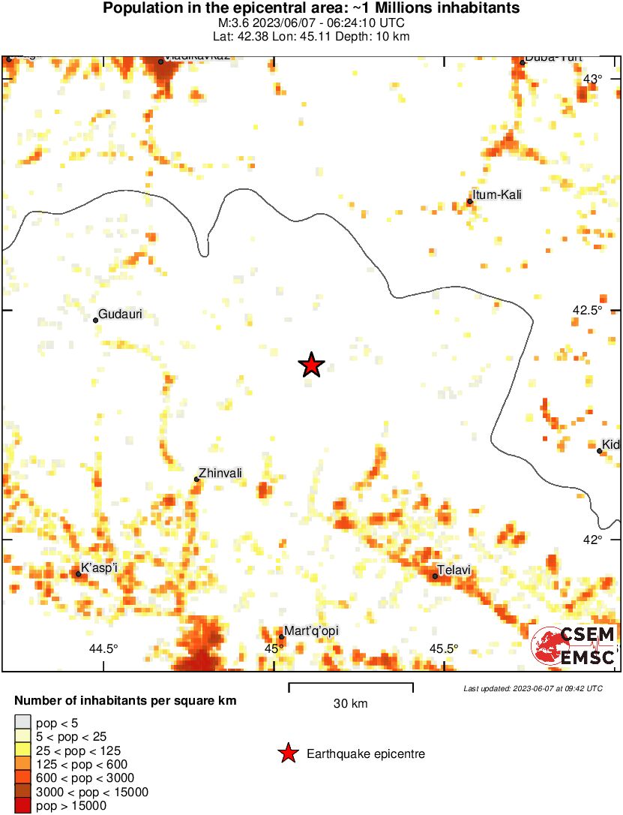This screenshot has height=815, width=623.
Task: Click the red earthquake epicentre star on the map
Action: (311, 365)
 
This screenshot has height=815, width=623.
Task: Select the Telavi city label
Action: (454, 570)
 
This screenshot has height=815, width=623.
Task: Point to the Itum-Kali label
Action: (497, 195)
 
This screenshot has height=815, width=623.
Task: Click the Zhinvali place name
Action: (221, 473)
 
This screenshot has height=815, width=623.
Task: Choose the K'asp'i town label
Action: (99, 567)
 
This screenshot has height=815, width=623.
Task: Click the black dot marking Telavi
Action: (435, 576)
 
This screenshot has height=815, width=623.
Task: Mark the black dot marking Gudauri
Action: (96, 320)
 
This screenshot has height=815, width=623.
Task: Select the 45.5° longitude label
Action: (443, 649)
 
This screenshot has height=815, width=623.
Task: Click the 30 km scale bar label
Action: (350, 704)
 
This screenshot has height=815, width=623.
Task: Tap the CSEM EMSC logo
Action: (574, 646)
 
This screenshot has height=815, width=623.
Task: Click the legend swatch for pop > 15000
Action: (22, 806)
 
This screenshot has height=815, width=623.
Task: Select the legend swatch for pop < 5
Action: (22, 723)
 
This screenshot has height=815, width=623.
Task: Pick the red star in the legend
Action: (287, 753)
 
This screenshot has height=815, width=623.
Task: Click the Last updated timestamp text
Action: (532, 688)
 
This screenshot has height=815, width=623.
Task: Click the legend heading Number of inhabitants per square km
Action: (126, 702)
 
